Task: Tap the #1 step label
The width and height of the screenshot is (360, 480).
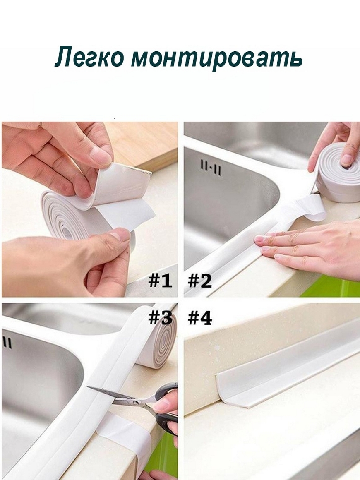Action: coord(160,281)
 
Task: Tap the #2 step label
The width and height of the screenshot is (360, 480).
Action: coord(199,281)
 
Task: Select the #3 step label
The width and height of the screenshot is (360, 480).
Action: coord(160,318)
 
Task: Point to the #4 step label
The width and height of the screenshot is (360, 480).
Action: coord(199,318)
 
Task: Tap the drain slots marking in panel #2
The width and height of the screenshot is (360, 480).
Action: coord(210,168)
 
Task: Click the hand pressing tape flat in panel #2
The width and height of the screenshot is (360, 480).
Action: coord(306,245)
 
